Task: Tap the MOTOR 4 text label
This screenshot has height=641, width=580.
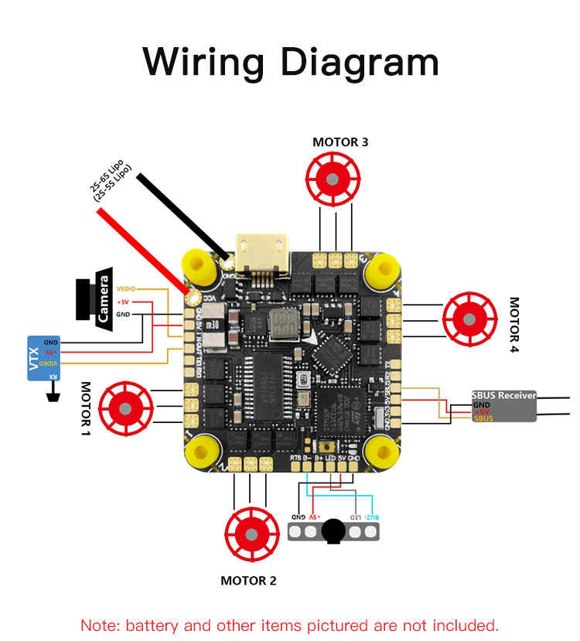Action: [515, 325]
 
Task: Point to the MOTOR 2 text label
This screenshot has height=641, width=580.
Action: [248, 581]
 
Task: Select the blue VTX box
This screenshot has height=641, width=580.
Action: [44, 358]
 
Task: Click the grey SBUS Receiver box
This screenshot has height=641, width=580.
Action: [504, 406]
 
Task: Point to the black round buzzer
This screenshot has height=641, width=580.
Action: [333, 530]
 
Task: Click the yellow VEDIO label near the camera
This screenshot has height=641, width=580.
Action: [125, 288]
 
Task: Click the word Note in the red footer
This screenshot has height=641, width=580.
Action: [98, 625]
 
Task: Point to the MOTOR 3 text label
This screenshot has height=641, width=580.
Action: [340, 142]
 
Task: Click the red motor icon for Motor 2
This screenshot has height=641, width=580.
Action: [251, 533]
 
